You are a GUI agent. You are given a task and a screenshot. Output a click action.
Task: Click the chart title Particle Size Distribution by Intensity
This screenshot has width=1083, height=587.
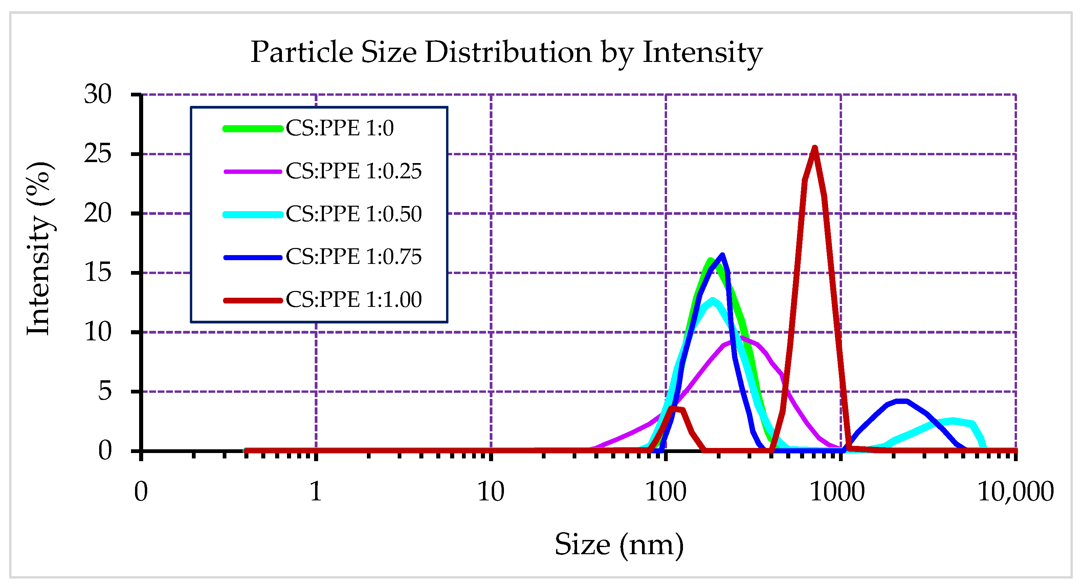coord(506,52)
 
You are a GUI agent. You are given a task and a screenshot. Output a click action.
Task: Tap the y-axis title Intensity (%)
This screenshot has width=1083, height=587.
coord(40,248)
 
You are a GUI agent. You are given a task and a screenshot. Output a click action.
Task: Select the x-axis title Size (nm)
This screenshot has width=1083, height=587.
coord(619,545)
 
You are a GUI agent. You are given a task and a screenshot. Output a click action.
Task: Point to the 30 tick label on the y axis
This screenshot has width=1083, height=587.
coord(97,94)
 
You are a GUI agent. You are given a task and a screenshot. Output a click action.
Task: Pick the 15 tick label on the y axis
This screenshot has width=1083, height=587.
coord(97,272)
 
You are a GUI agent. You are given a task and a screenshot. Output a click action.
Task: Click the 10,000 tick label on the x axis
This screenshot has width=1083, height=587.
coord(1015,491)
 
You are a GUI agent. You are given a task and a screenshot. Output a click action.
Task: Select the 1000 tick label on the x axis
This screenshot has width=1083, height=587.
coord(837,491)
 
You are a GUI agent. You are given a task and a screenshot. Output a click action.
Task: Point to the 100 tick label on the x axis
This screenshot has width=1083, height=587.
coord(665,491)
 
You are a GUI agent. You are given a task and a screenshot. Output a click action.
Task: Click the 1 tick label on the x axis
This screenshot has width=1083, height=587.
coord(316,491)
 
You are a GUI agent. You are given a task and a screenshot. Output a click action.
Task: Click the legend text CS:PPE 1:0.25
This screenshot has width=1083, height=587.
coord(353,171)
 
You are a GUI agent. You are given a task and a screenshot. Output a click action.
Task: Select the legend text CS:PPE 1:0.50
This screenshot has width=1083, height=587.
coord(353,214)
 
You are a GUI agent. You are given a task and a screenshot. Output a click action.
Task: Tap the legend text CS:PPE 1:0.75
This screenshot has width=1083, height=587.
coord(353,257)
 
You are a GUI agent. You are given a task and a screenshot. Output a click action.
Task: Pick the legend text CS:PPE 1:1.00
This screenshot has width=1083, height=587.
coord(353,300)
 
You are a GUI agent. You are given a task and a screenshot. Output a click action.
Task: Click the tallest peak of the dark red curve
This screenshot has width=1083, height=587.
coord(814,148)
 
